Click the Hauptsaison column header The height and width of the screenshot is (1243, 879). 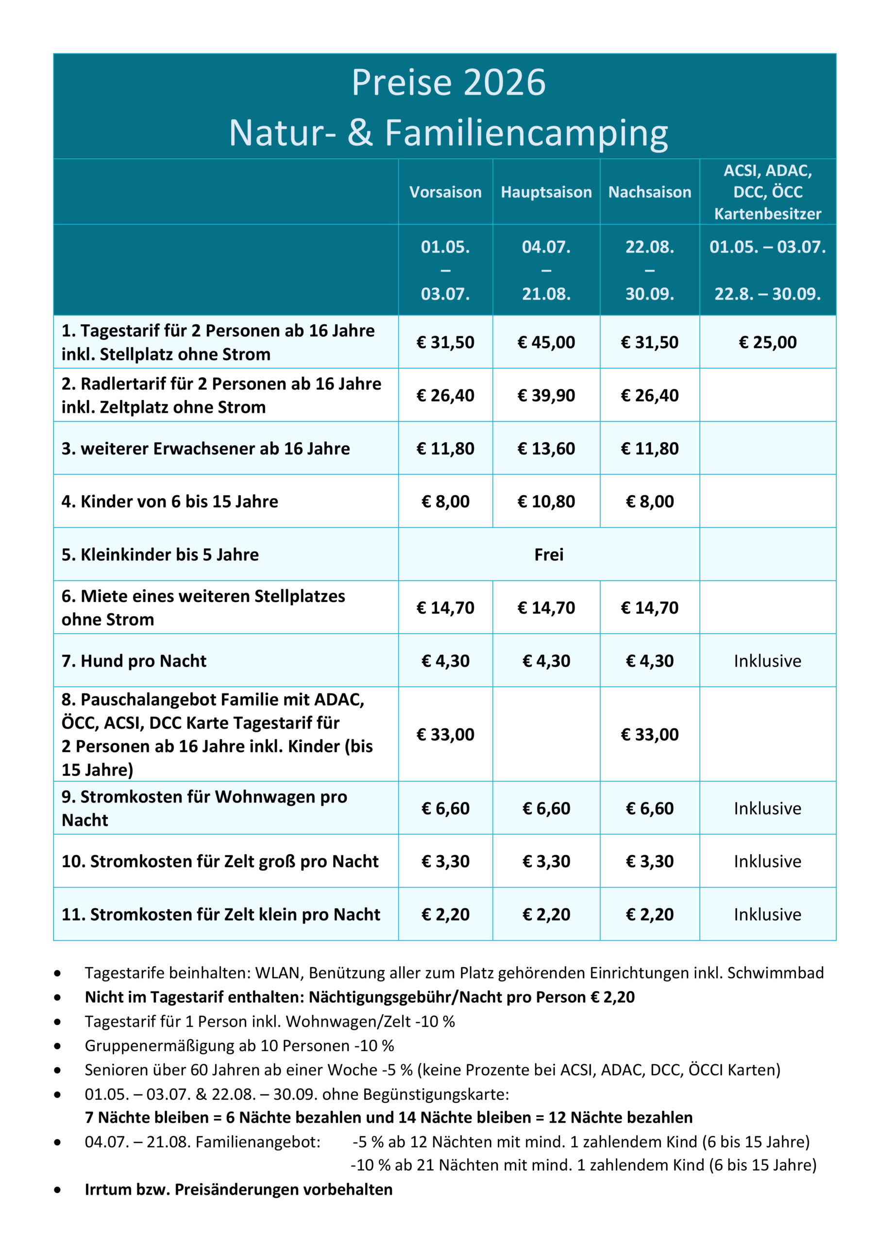tap(546, 192)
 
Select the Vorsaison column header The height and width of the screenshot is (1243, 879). tap(445, 192)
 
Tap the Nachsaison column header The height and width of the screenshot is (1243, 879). tap(649, 192)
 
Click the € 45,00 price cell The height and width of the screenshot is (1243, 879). tap(546, 342)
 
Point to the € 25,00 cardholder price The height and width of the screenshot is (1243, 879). tap(767, 342)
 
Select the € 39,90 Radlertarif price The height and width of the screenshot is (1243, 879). tap(546, 395)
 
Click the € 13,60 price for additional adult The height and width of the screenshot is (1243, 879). tap(546, 448)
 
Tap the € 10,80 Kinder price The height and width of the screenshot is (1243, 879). tap(546, 501)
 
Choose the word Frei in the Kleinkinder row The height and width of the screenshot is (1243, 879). tap(549, 554)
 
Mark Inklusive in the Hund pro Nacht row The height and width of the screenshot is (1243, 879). tap(767, 660)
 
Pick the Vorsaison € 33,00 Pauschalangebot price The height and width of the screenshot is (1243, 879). tap(445, 734)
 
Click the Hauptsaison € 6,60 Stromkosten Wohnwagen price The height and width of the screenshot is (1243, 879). tap(546, 808)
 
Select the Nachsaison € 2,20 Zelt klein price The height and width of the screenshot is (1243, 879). tap(649, 914)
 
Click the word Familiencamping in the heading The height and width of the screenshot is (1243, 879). tap(526, 133)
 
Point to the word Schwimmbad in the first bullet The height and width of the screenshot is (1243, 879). tap(775, 973)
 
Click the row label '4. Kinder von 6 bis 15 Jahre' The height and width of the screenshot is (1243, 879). tap(169, 501)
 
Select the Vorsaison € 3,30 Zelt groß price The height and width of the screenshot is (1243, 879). tap(445, 861)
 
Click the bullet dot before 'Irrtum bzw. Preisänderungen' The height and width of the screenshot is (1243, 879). tap(57, 1190)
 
